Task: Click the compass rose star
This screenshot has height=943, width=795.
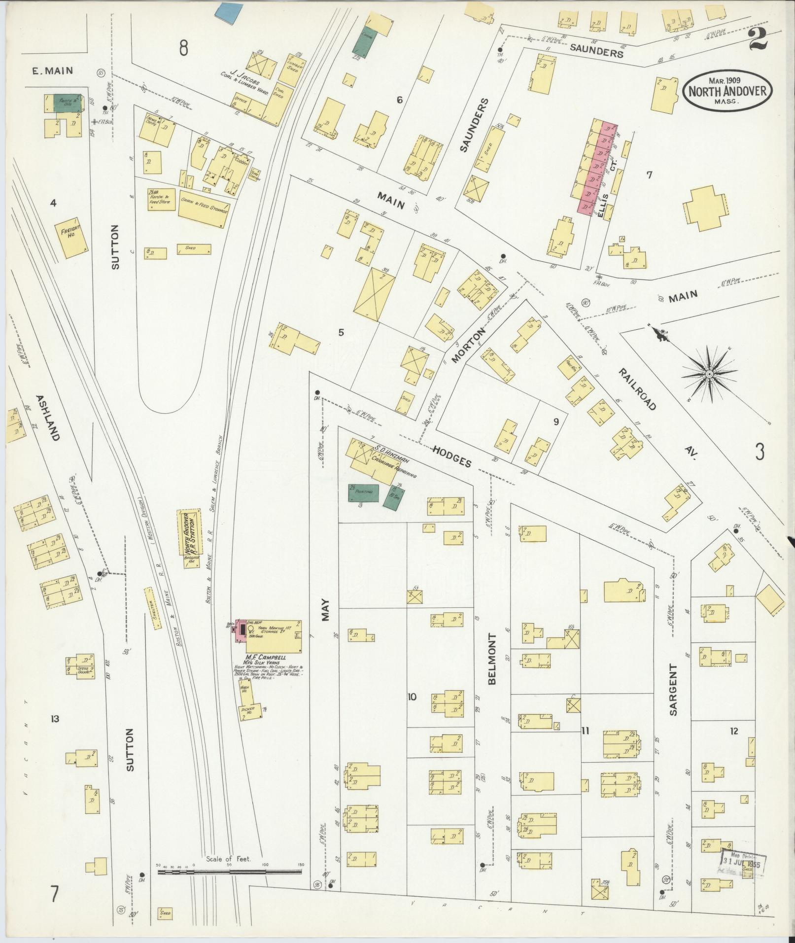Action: pos(709,375)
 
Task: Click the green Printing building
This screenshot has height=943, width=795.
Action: pos(364,493)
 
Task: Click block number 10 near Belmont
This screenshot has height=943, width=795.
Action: pos(412,697)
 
